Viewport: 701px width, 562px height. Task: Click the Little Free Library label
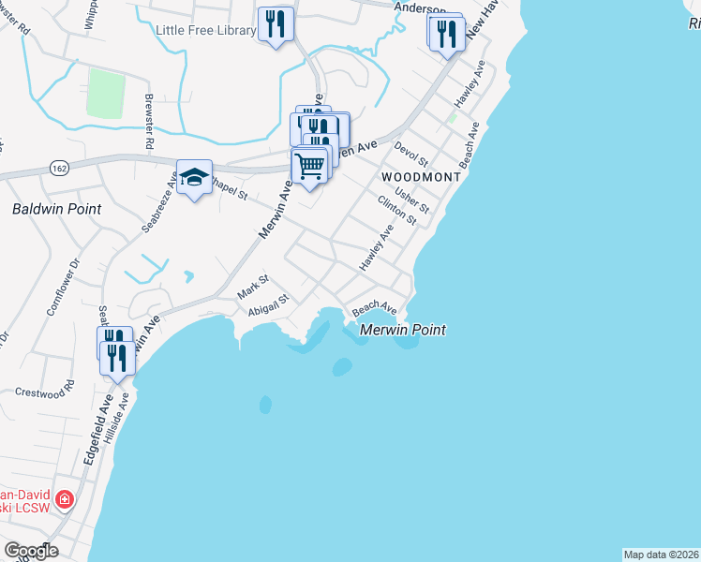click(x=205, y=30)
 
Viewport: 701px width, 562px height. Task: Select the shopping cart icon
click(x=309, y=166)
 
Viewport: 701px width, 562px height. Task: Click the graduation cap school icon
click(x=193, y=177)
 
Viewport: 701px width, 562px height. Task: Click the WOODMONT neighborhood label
click(x=421, y=177)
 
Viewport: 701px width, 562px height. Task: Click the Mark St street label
click(x=254, y=286)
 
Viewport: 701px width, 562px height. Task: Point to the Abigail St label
click(x=269, y=307)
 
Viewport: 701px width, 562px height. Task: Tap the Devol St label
click(x=410, y=155)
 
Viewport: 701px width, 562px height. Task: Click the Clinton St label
click(x=396, y=210)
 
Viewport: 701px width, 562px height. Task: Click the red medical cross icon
click(x=63, y=499)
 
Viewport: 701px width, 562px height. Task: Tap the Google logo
click(x=30, y=551)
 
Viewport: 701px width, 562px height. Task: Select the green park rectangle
click(x=106, y=94)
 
